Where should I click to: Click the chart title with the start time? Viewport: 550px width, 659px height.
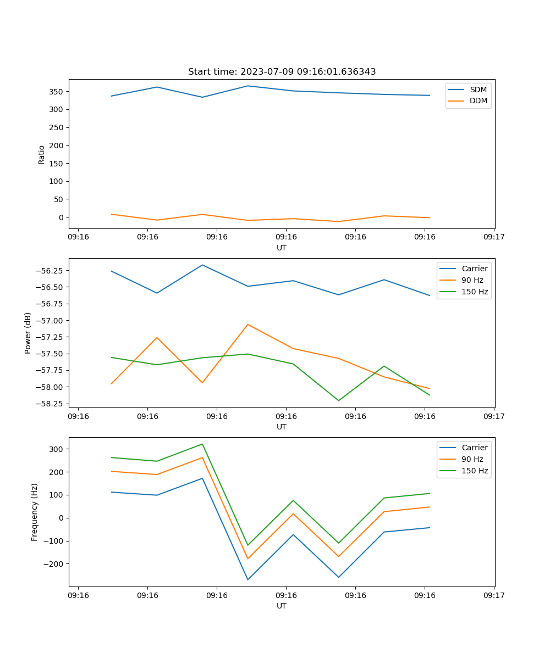282,72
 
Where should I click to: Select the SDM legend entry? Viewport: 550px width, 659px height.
478,90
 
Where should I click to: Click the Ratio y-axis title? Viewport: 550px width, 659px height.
42,155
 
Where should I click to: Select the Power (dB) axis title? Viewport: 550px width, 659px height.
28,333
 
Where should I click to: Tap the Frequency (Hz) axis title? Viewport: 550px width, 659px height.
35,512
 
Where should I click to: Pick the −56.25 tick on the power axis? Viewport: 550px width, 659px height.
50,271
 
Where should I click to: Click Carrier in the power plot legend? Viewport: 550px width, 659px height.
474,269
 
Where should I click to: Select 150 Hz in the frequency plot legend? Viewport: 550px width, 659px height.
475,471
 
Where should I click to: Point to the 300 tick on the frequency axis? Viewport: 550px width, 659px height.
56,449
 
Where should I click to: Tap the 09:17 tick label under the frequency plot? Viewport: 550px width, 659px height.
493,595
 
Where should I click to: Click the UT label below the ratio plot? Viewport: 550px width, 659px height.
282,248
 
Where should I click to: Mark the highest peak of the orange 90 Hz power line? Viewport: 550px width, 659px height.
248,325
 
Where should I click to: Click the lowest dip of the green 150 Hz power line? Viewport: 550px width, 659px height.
339,400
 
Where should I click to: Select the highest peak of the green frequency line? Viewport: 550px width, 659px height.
202,444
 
